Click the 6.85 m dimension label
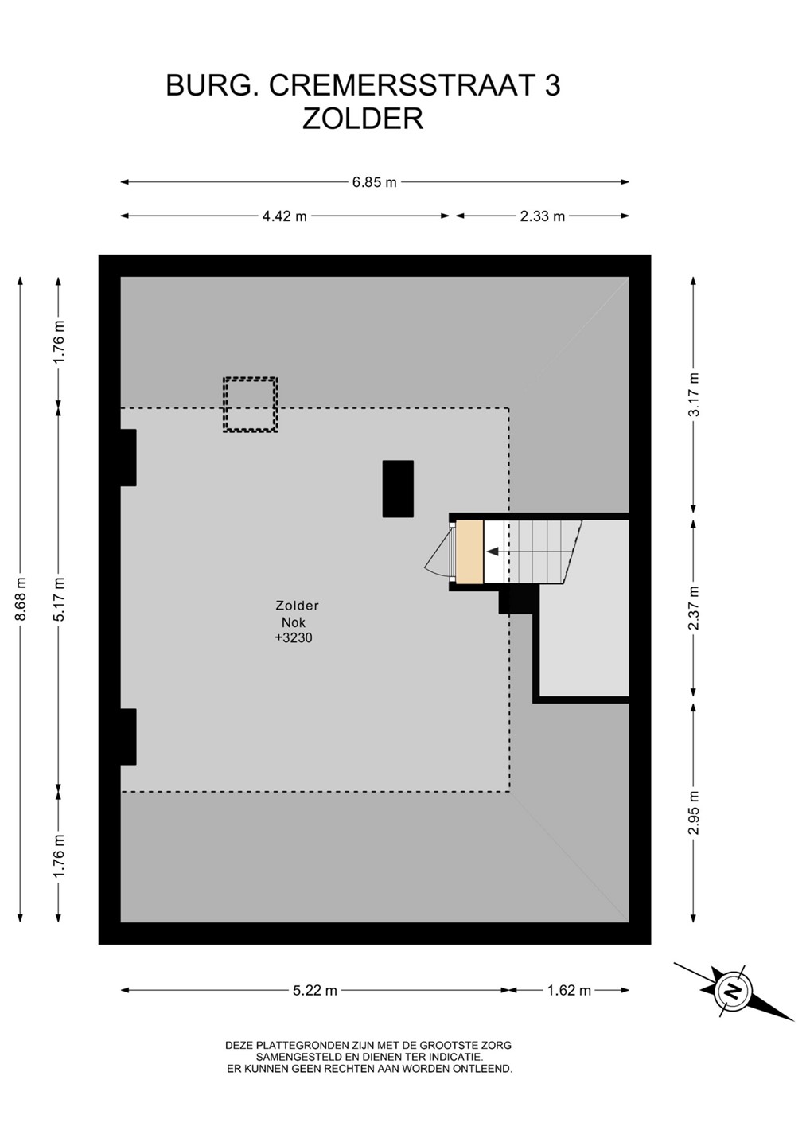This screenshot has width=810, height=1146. (x=374, y=182)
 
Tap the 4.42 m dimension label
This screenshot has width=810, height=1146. (x=284, y=216)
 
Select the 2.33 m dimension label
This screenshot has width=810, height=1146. (x=542, y=216)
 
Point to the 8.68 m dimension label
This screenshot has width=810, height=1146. (x=21, y=598)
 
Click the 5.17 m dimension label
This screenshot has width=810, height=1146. (x=59, y=598)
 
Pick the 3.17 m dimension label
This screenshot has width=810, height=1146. (x=693, y=395)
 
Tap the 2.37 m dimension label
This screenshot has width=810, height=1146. (x=693, y=608)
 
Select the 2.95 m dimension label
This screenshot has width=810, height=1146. (x=693, y=813)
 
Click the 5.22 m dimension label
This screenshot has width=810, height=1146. (x=314, y=990)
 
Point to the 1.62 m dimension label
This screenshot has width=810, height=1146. (x=569, y=990)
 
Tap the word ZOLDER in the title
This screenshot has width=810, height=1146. (x=363, y=119)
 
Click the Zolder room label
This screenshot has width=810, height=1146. (x=297, y=606)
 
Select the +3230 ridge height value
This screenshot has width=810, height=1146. (x=294, y=638)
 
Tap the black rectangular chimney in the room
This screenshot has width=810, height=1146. (x=398, y=489)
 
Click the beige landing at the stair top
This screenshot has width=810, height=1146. (x=470, y=552)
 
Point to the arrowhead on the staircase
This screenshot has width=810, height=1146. (x=493, y=552)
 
